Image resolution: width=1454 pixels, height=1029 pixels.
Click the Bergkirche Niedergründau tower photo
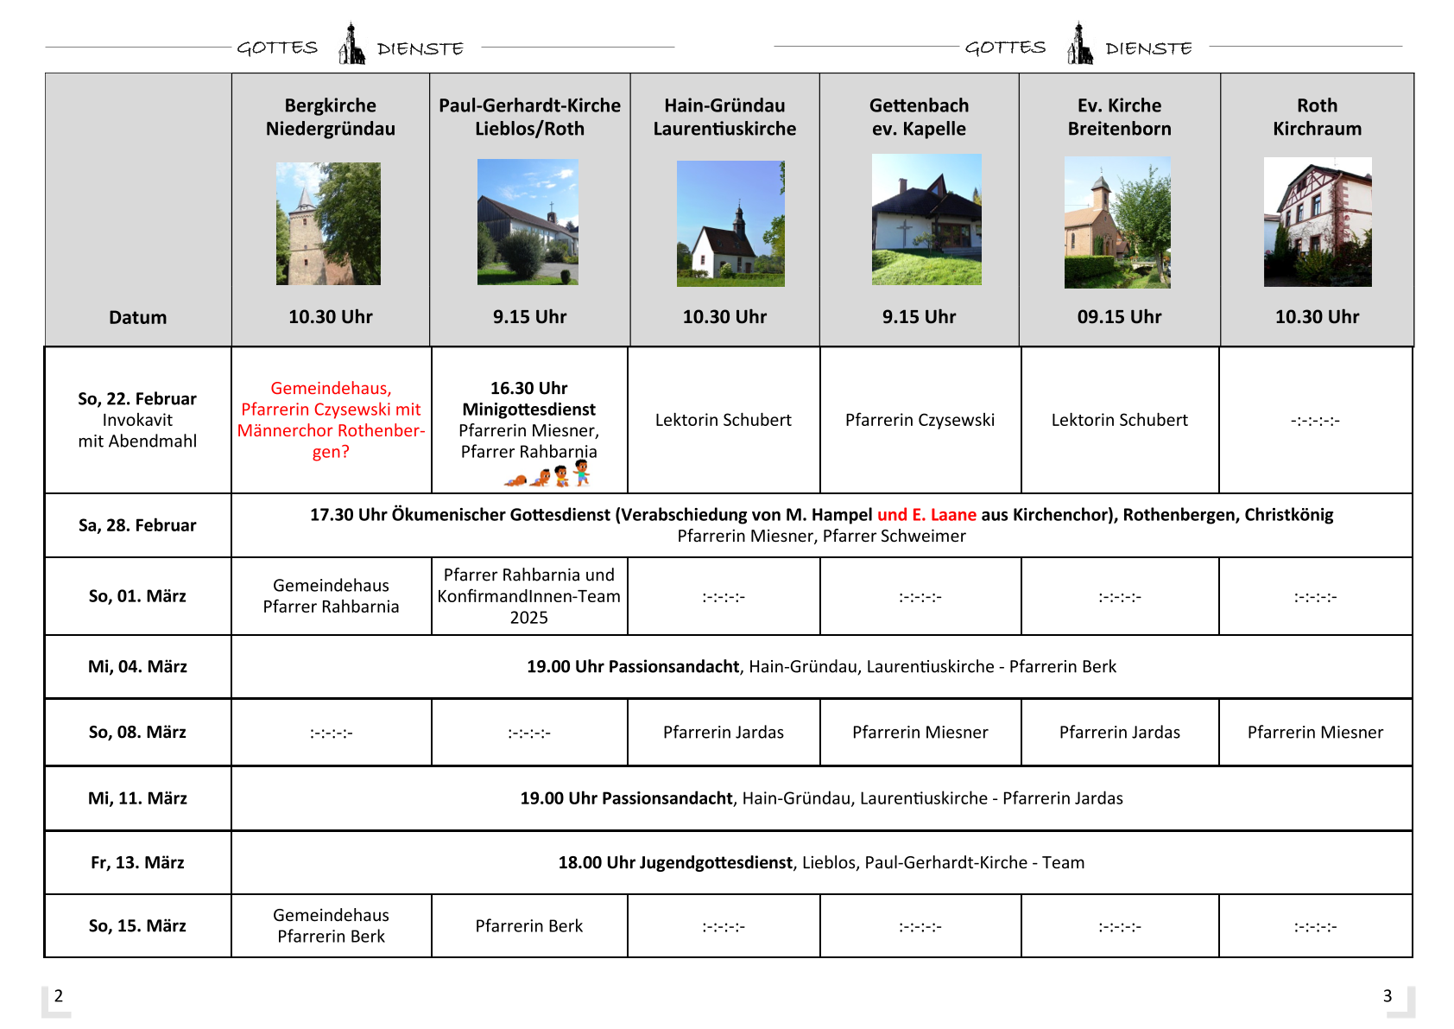328,224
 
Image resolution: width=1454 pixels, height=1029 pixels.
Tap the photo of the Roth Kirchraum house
1318,222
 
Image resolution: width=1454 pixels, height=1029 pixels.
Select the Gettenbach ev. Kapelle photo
926,219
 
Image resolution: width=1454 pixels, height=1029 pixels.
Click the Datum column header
138,317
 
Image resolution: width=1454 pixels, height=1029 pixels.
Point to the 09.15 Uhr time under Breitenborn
1119,317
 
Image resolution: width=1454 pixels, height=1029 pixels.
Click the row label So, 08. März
138,732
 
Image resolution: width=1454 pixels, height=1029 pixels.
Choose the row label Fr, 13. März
138,862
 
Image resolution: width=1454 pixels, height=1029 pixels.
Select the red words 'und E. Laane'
926,515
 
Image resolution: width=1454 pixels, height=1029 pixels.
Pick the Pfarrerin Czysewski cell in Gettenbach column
920,420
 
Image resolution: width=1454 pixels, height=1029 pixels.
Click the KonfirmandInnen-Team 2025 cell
528,596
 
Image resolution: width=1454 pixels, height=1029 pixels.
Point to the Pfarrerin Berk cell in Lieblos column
528,926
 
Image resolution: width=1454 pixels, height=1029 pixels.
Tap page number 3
1388,995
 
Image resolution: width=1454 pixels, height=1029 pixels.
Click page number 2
59,995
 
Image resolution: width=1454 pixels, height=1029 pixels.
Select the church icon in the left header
351,44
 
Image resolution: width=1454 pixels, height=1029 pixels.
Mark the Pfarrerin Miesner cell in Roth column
1315,733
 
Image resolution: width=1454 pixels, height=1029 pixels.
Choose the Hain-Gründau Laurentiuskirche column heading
724,118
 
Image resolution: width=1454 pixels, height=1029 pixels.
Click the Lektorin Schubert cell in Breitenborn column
1119,420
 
